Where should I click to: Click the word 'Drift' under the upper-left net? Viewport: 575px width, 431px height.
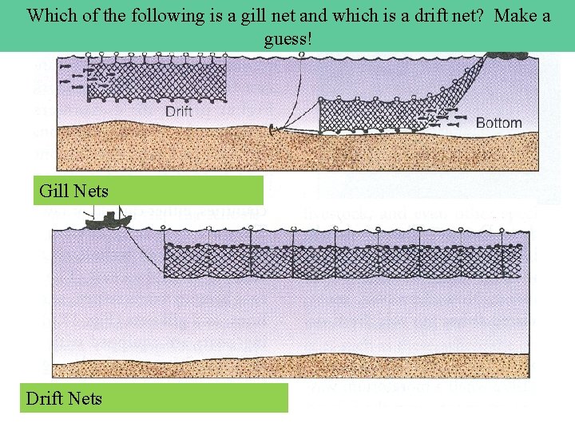coord(179,112)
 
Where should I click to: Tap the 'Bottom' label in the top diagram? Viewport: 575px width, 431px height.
coord(498,123)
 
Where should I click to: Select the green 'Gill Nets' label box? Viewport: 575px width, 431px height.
coord(149,191)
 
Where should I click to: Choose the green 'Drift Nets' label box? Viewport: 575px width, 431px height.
coord(154,397)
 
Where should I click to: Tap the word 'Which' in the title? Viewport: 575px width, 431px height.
coord(52,15)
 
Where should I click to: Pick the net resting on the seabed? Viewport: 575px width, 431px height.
coord(375,117)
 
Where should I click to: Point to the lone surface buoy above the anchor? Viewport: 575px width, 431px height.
coord(301,54)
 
